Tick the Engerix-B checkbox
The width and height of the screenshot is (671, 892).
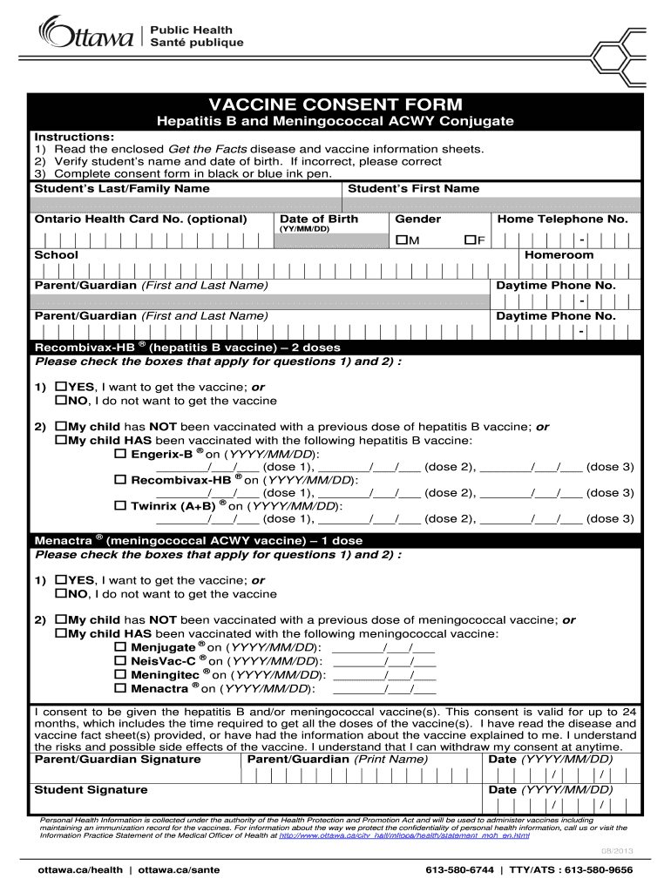point(121,454)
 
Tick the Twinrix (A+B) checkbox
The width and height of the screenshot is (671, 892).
point(121,505)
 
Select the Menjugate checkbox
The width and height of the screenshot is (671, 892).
point(121,647)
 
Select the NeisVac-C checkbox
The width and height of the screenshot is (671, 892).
point(121,661)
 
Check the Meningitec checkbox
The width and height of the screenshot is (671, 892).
point(121,674)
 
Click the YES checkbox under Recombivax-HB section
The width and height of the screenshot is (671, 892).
point(62,386)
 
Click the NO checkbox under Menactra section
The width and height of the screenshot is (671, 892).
point(62,594)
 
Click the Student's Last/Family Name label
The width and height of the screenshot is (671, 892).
point(121,188)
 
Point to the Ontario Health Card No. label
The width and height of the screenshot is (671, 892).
point(139,220)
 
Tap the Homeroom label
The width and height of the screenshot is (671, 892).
point(559,255)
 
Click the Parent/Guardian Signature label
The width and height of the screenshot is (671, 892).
point(117,760)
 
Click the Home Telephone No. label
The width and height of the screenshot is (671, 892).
point(561,220)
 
